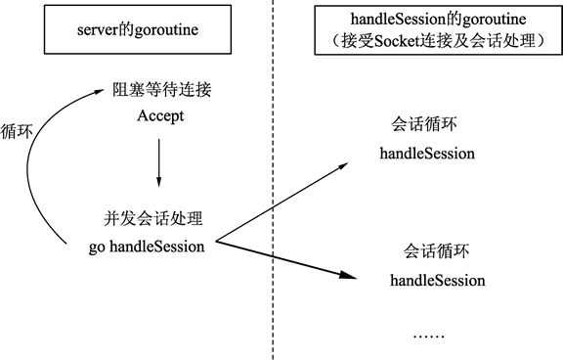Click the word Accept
[157, 116]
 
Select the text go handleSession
[146, 246]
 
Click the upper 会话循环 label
[427, 125]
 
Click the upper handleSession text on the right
[427, 154]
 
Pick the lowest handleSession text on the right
[437, 281]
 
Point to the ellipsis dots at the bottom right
[427, 334]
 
